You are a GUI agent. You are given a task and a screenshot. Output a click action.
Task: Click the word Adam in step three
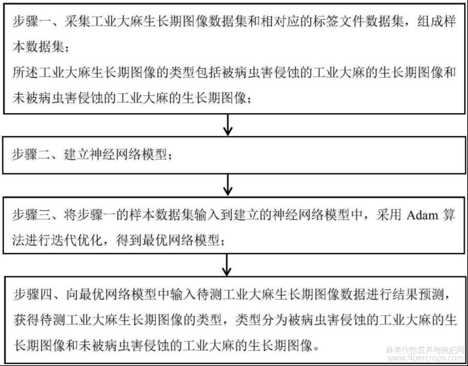pyautogui.click(x=422, y=215)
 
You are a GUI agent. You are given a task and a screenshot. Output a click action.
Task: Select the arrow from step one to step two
pyautogui.click(x=227, y=125)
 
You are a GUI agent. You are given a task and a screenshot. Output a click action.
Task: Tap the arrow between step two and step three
pyautogui.click(x=227, y=185)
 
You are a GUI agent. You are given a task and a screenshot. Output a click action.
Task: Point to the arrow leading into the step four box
pyautogui.click(x=227, y=265)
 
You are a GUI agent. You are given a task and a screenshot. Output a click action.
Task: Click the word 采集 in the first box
pyautogui.click(x=78, y=22)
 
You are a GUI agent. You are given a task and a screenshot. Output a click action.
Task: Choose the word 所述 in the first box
pyautogui.click(x=25, y=72)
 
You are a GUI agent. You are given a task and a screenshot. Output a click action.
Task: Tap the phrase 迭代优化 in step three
pyautogui.click(x=77, y=240)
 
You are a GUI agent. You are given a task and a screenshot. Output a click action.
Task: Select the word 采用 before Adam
pyautogui.click(x=388, y=215)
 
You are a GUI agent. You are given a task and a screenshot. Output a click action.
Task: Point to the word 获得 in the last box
pyautogui.click(x=26, y=320)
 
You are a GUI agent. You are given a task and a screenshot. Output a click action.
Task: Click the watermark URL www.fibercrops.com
pyautogui.click(x=426, y=357)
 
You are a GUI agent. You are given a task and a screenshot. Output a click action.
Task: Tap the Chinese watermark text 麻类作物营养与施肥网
pyautogui.click(x=426, y=350)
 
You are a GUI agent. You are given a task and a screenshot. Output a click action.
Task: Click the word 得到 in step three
pyautogui.click(x=129, y=240)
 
